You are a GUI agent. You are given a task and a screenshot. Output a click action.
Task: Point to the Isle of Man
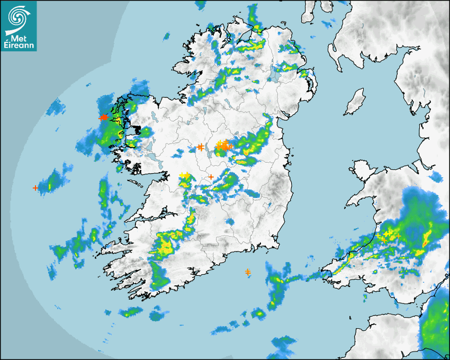pos(355,102)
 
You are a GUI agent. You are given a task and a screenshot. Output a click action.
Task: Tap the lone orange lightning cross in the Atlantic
pos(35,187)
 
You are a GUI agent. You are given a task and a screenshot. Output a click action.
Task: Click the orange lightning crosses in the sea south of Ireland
pos(248,272)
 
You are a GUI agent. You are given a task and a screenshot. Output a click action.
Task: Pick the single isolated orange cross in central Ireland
pos(211,177)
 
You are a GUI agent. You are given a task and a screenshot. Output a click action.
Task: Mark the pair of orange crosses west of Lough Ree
pos(200,147)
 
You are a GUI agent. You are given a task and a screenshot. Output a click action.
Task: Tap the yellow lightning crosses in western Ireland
pos(184,175)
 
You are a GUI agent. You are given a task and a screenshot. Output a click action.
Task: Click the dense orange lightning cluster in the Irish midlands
pos(224,146)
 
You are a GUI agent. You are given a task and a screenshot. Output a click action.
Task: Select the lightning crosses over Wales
pos(388,234)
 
